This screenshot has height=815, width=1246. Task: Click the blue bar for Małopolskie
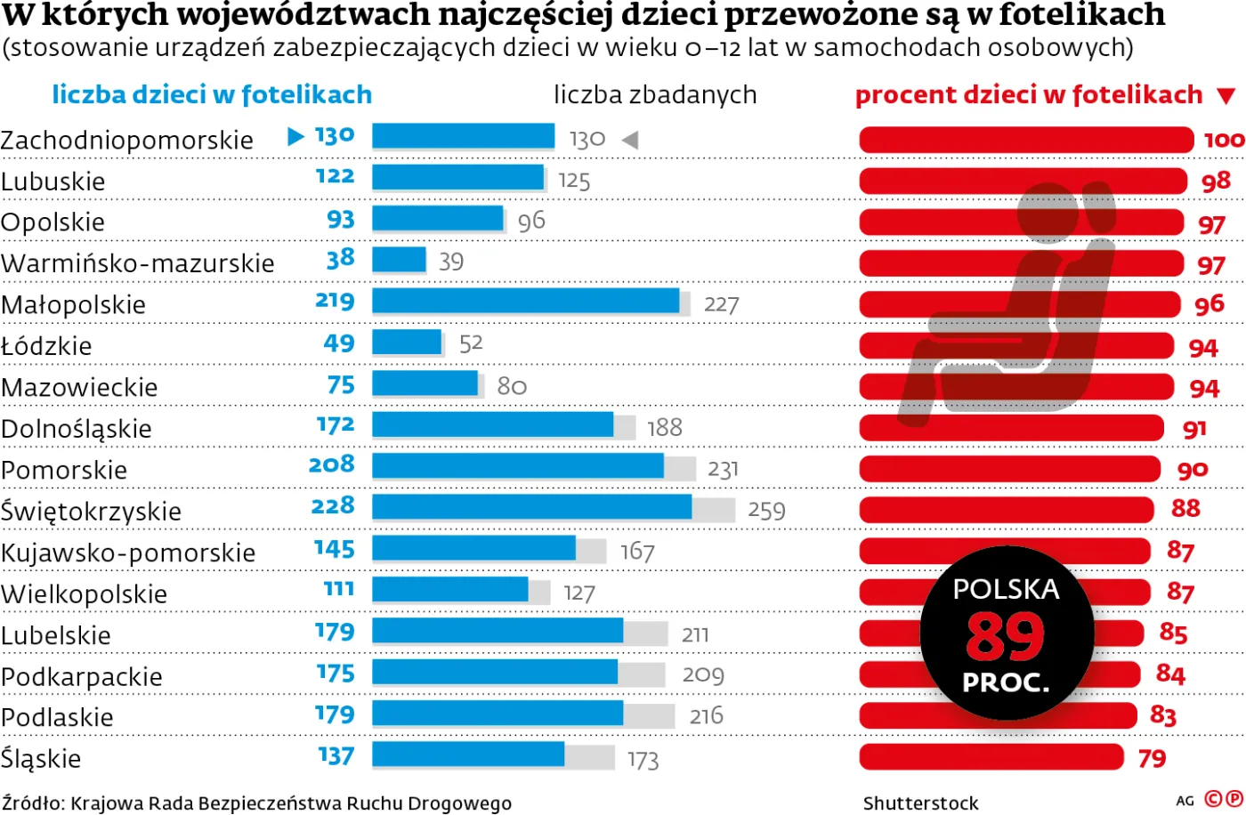coord(525,302)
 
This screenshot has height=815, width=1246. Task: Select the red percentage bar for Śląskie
coord(991,757)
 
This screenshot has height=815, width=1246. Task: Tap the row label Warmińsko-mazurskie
coord(138,263)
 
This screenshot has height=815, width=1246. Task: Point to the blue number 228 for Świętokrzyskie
coord(332,506)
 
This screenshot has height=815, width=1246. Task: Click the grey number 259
coord(766,511)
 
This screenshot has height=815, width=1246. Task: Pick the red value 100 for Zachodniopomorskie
coord(1224,140)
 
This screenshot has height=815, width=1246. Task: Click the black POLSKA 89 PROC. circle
coord(1007,633)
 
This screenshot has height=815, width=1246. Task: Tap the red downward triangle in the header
coord(1226,96)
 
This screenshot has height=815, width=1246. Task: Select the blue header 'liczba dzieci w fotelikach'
coord(212,94)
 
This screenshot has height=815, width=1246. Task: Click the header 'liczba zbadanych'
coord(655,94)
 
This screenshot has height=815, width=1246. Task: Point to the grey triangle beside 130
coord(629,140)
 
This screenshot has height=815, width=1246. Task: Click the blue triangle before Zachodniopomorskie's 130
coord(296,136)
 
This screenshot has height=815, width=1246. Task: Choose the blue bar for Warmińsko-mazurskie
coord(399,260)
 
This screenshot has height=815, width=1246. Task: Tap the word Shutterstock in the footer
coord(920,803)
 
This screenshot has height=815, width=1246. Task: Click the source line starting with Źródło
coord(256,803)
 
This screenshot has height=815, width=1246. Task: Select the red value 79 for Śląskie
coord(1152,758)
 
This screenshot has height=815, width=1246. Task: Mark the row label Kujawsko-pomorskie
coord(128,553)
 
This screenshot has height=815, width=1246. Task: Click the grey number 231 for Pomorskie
coord(723,469)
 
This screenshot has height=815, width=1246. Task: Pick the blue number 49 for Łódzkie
coord(339,343)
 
